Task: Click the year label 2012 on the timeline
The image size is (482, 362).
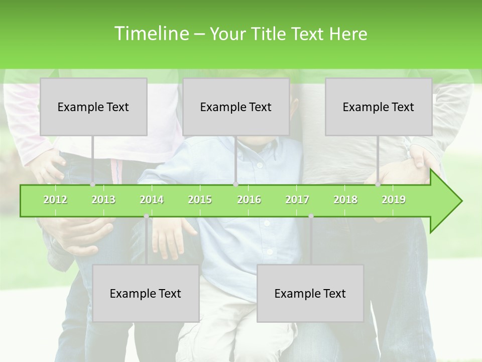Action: [x=55, y=200]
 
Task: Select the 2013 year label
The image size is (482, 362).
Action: [x=103, y=200]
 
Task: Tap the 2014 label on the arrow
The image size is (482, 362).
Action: [x=152, y=200]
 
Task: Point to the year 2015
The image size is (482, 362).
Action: [x=200, y=200]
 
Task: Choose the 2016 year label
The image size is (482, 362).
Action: [x=249, y=200]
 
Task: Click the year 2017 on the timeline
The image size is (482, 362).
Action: [x=297, y=200]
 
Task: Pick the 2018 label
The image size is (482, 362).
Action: [x=345, y=200]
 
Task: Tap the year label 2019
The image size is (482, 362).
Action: [x=394, y=200]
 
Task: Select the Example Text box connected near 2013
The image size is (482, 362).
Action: [x=93, y=107]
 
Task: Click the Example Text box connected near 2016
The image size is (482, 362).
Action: [x=236, y=107]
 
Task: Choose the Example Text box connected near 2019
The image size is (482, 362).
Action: [x=379, y=107]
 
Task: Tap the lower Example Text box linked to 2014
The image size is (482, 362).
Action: [x=146, y=293]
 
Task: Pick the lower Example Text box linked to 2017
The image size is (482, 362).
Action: [x=310, y=293]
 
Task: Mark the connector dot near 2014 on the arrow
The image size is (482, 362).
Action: [x=146, y=216]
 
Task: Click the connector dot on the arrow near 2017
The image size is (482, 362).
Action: [x=311, y=216]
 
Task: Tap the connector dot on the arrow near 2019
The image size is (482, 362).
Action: [x=378, y=185]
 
